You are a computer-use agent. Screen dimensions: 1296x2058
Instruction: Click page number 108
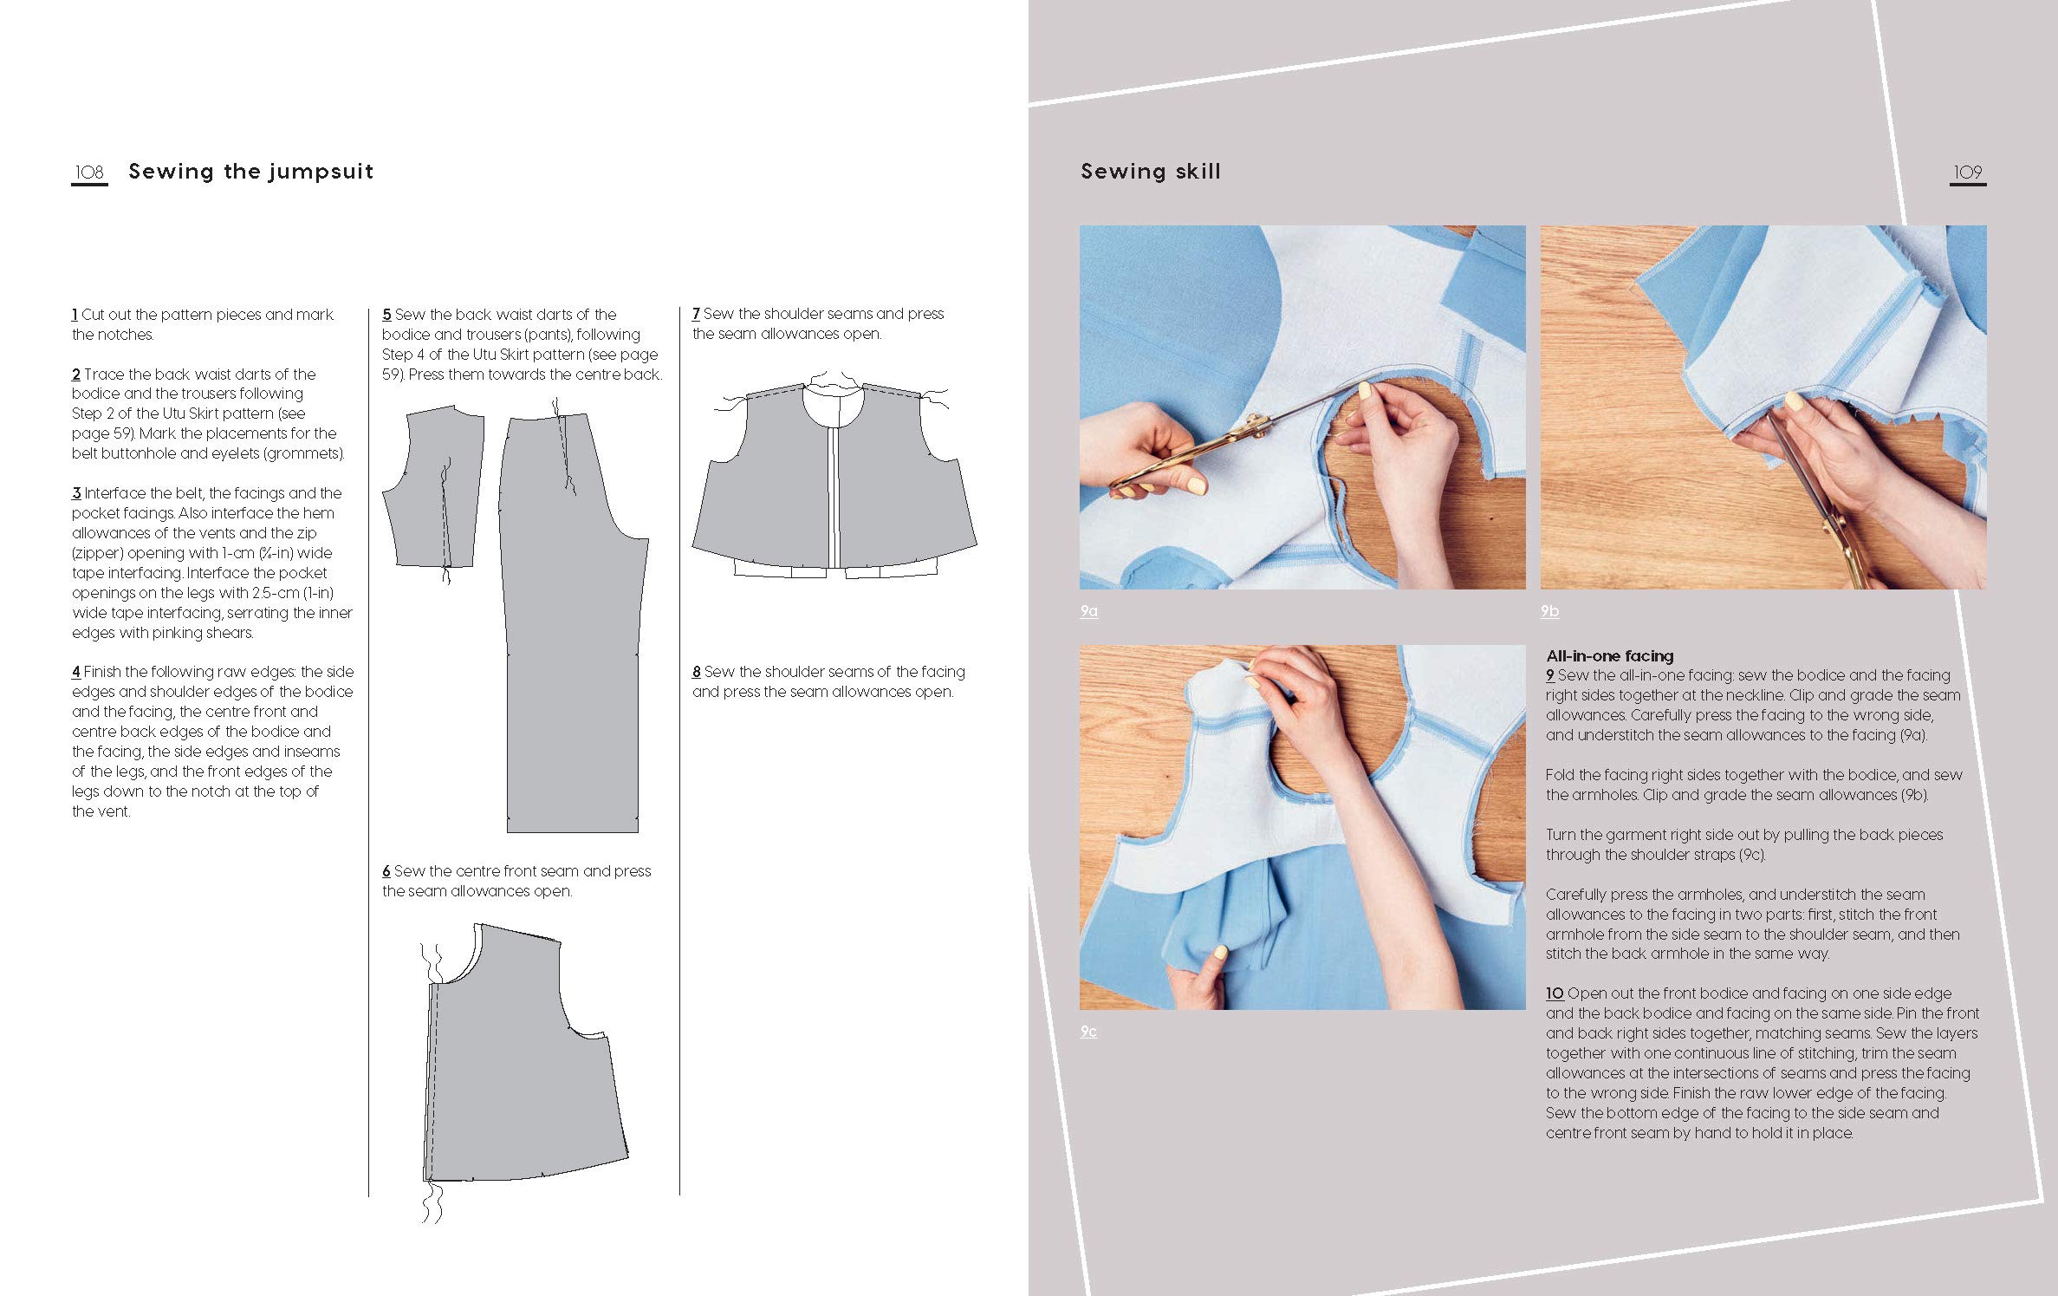point(89,172)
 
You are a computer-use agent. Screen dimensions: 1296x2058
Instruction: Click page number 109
point(1967,172)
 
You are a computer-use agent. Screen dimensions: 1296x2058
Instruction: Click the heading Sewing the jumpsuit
point(250,171)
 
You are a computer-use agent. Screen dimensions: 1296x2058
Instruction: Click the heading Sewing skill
point(1150,171)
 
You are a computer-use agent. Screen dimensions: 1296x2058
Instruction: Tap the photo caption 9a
point(1088,611)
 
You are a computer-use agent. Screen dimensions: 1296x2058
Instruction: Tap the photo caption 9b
point(1549,611)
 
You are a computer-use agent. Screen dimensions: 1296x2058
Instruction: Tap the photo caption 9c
point(1088,1031)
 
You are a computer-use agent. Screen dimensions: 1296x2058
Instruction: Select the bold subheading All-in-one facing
point(1609,655)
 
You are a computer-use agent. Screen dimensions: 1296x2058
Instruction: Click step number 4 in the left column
point(76,672)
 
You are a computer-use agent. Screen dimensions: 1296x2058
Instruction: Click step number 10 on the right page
point(1555,993)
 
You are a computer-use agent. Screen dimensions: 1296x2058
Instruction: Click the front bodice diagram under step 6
point(520,1058)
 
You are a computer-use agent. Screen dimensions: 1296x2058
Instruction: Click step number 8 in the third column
point(696,672)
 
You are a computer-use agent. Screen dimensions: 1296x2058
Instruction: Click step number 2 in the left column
point(76,374)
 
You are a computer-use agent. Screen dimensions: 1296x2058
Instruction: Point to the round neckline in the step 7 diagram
point(833,403)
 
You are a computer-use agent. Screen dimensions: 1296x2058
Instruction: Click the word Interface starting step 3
point(114,493)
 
